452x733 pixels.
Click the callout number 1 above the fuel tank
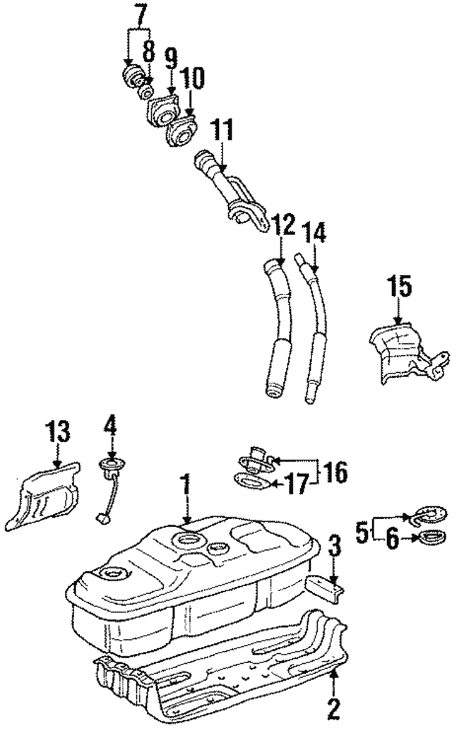tap(186, 485)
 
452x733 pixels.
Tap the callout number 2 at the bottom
tap(333, 707)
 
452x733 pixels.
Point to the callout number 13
tap(59, 431)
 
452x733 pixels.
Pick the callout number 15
tap(398, 288)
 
